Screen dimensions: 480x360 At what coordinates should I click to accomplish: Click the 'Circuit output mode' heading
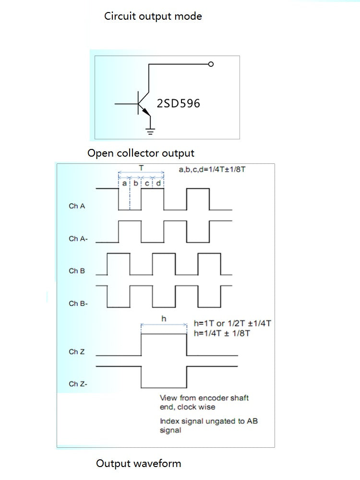[153, 16]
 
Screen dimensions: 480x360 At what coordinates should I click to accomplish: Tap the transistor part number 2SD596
[179, 103]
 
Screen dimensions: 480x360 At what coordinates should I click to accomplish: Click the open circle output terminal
[211, 64]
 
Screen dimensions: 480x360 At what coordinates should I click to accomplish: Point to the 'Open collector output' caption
[141, 153]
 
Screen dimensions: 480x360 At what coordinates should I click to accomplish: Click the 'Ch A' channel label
[77, 206]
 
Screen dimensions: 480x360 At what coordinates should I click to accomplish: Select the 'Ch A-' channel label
[78, 238]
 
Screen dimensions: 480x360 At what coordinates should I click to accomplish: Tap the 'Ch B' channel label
[77, 271]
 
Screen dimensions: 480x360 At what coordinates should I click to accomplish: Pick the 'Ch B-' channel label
[78, 304]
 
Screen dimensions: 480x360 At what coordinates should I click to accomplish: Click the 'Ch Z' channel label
[77, 352]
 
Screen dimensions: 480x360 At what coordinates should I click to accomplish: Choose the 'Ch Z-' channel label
[78, 384]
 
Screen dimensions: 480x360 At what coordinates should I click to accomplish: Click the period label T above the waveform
[141, 168]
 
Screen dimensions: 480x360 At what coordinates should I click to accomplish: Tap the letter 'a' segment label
[124, 183]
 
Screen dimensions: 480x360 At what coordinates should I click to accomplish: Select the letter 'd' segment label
[158, 183]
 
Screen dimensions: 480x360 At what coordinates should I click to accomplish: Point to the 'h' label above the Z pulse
[164, 319]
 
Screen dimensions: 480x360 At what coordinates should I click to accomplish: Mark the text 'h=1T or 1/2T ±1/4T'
[232, 323]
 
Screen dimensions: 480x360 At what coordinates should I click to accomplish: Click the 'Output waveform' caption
[139, 464]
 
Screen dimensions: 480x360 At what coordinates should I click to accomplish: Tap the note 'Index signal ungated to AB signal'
[209, 426]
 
